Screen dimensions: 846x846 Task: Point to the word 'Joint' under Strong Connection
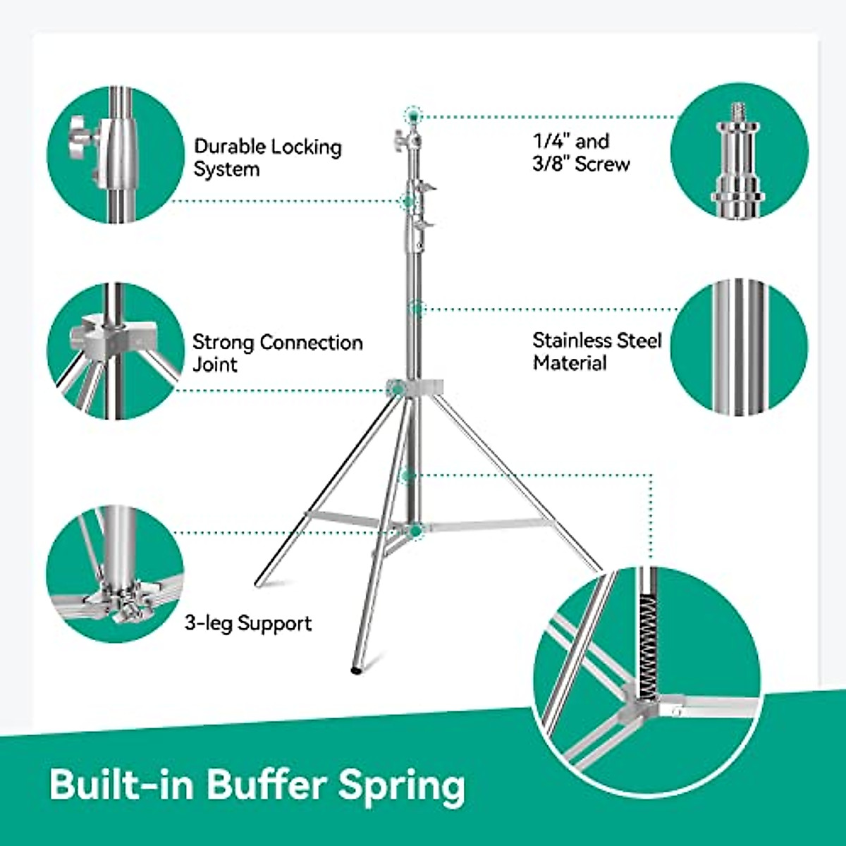(x=215, y=364)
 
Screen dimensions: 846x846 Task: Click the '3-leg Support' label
(x=248, y=623)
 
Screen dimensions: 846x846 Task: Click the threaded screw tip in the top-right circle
(x=738, y=111)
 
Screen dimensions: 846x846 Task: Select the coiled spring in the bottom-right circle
(x=648, y=634)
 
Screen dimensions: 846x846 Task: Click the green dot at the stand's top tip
(x=413, y=114)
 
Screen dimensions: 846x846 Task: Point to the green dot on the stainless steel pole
(x=417, y=308)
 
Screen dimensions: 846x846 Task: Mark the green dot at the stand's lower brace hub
(x=417, y=529)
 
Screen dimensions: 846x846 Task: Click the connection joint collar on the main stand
(x=416, y=387)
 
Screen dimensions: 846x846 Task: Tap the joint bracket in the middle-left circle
(x=99, y=334)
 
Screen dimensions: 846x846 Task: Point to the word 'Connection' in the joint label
(x=311, y=343)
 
